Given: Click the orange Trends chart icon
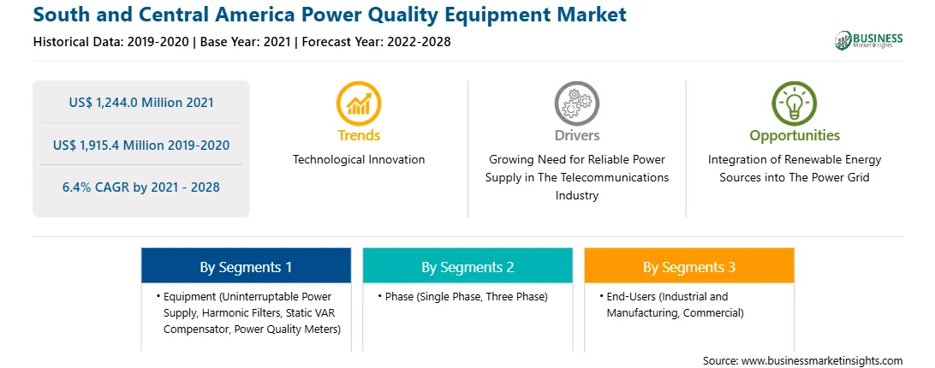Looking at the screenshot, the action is [359, 104].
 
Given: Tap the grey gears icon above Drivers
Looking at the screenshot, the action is [576, 104].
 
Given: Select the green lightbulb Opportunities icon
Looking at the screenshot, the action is [795, 104].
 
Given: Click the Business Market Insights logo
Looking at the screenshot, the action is [869, 40].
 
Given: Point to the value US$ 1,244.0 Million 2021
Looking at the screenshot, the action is [141, 102].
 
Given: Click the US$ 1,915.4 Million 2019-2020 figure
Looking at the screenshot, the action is [141, 145].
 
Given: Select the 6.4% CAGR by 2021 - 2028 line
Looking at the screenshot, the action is [141, 187].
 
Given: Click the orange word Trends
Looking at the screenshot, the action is [359, 135].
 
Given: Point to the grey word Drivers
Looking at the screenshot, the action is [576, 135].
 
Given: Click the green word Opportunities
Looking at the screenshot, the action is [795, 135].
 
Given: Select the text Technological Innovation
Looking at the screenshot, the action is [359, 159].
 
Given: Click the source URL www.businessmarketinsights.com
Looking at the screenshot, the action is [822, 360].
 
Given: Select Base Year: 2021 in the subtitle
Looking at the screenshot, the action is [245, 42].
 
